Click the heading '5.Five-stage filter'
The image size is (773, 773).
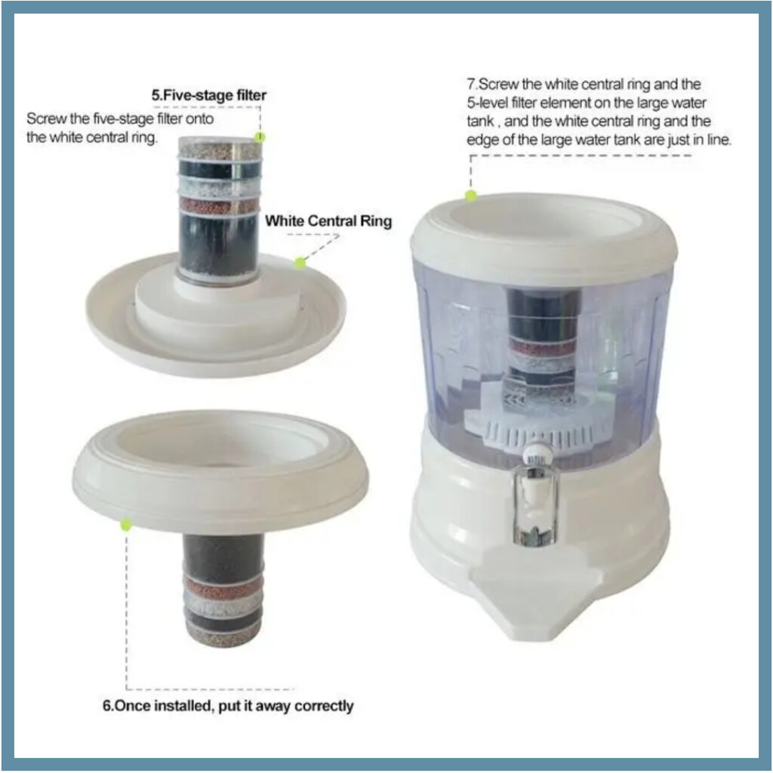tap(208, 95)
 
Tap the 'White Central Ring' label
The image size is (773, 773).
tap(328, 221)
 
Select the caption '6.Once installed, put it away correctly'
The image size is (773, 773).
tap(228, 706)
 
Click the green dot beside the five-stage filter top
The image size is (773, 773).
tap(260, 137)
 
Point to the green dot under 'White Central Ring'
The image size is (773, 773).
tap(300, 263)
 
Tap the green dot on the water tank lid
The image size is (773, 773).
tap(471, 196)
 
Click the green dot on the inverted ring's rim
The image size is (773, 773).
tap(126, 525)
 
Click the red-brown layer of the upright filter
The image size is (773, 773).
tap(219, 205)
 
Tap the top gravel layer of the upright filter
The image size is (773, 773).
tap(220, 149)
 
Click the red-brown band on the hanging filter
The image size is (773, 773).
tap(223, 587)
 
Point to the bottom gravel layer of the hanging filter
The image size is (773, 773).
tap(223, 634)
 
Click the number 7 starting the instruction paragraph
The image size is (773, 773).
tap(471, 84)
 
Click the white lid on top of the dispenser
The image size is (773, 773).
tap(544, 232)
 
